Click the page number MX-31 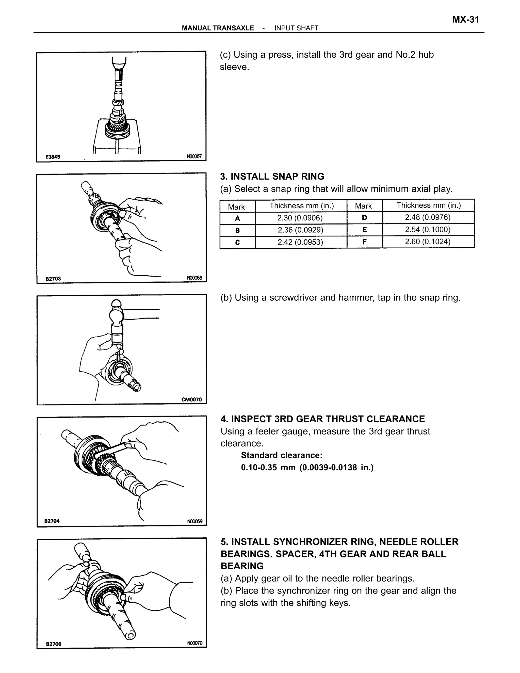(x=465, y=20)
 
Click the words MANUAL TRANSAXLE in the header (x=218, y=28)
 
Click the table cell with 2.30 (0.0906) (x=300, y=218)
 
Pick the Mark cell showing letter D (x=364, y=218)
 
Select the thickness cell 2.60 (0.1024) (x=428, y=242)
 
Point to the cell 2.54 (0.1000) (x=428, y=230)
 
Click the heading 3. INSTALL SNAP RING (x=272, y=177)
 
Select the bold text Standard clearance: (x=282, y=455)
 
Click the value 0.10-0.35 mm (x=268, y=468)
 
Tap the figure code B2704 (x=52, y=521)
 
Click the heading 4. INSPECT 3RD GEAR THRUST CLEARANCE (x=322, y=419)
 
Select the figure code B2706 (x=54, y=644)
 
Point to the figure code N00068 (x=194, y=278)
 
